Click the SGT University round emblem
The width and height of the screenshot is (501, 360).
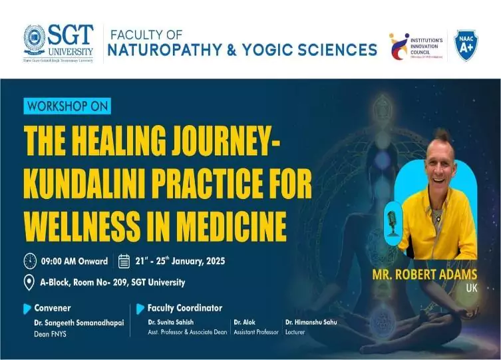pyautogui.click(x=35, y=41)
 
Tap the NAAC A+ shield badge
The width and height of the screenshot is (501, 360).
pyautogui.click(x=466, y=45)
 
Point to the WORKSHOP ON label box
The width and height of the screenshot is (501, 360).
pyautogui.click(x=67, y=106)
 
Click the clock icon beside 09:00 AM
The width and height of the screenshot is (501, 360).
pyautogui.click(x=30, y=260)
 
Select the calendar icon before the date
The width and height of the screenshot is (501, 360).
pyautogui.click(x=124, y=260)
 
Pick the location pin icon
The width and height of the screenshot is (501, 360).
pyautogui.click(x=29, y=282)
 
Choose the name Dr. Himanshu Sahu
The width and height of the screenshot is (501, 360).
pyautogui.click(x=311, y=322)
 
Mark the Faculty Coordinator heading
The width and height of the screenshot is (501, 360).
pyautogui.click(x=185, y=308)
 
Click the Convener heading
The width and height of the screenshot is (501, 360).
pyautogui.click(x=52, y=308)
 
